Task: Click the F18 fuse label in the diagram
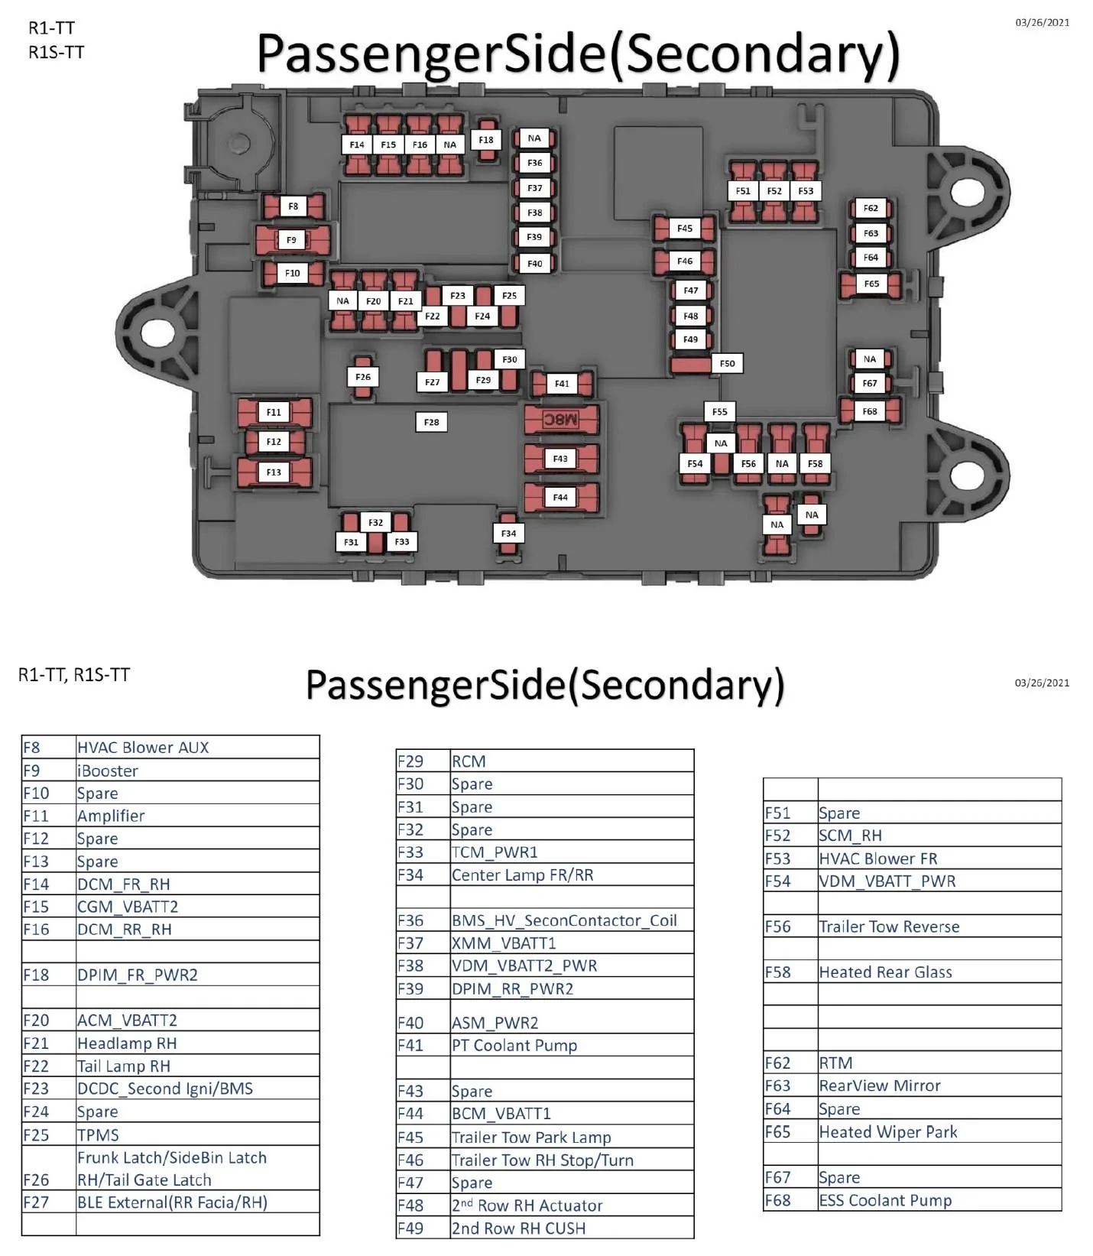click(486, 140)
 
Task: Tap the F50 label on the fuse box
click(727, 364)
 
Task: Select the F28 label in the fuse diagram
click(432, 422)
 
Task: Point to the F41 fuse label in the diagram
click(562, 384)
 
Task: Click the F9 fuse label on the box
click(291, 240)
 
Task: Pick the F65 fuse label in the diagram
click(871, 284)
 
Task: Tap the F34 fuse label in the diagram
click(508, 534)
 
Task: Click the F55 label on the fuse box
click(719, 412)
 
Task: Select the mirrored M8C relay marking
click(560, 420)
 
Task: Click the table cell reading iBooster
click(108, 771)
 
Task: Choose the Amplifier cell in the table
click(111, 816)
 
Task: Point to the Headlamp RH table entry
click(127, 1043)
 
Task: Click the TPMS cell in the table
click(98, 1134)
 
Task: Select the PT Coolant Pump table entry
click(514, 1045)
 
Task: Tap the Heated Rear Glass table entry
click(885, 972)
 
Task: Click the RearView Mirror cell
click(880, 1086)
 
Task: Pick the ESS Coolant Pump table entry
click(885, 1200)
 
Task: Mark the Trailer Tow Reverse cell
click(889, 927)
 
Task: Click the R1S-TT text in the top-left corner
click(57, 52)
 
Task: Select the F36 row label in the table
click(410, 920)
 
